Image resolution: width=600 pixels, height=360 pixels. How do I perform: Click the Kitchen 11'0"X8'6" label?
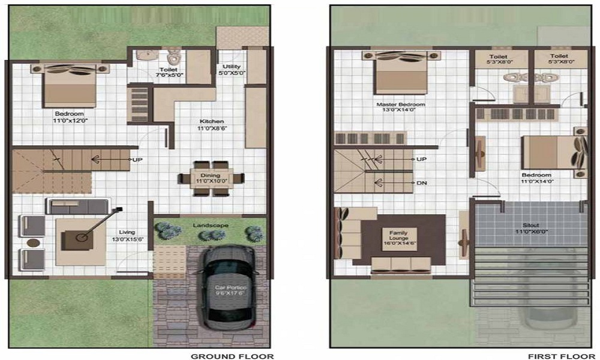(x=211, y=124)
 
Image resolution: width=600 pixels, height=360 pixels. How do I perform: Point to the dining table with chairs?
(x=211, y=178)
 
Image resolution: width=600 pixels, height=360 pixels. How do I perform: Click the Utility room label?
(x=231, y=70)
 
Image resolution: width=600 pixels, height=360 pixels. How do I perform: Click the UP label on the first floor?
(x=421, y=160)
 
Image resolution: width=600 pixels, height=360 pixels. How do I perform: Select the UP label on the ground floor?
(x=137, y=160)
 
